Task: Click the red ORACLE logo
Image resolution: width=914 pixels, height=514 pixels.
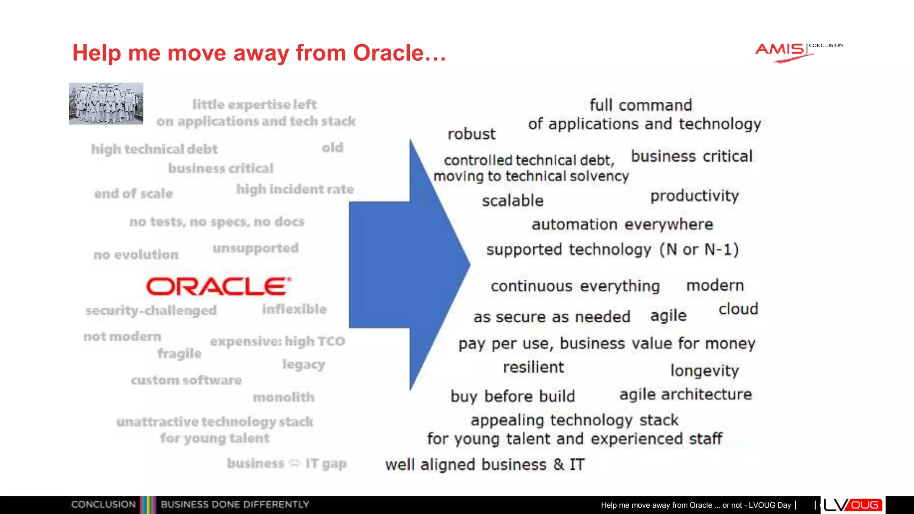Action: (219, 286)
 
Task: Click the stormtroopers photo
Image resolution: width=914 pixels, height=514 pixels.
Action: (106, 103)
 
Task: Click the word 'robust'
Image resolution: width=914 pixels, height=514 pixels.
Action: (471, 134)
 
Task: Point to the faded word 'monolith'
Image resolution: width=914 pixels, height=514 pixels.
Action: (283, 397)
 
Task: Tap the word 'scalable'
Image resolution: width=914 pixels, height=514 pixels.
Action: (512, 201)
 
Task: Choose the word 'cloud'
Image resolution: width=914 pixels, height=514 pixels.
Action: (738, 309)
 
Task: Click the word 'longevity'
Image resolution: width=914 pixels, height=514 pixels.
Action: (704, 370)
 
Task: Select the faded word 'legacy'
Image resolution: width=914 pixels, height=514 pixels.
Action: (303, 365)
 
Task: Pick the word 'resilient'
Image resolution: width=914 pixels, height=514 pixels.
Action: (533, 367)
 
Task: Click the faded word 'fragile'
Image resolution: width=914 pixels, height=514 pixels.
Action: (179, 353)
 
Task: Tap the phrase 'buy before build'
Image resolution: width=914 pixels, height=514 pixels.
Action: (512, 396)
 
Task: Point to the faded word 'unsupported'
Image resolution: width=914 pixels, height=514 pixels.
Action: (255, 248)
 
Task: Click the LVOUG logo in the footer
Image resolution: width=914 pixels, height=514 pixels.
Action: (852, 505)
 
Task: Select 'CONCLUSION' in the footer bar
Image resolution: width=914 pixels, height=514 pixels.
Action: (103, 505)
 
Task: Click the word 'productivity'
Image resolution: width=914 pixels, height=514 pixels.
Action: (694, 196)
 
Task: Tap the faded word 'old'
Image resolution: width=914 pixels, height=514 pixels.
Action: (332, 148)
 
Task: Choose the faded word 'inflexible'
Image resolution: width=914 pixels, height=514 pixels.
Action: (294, 309)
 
